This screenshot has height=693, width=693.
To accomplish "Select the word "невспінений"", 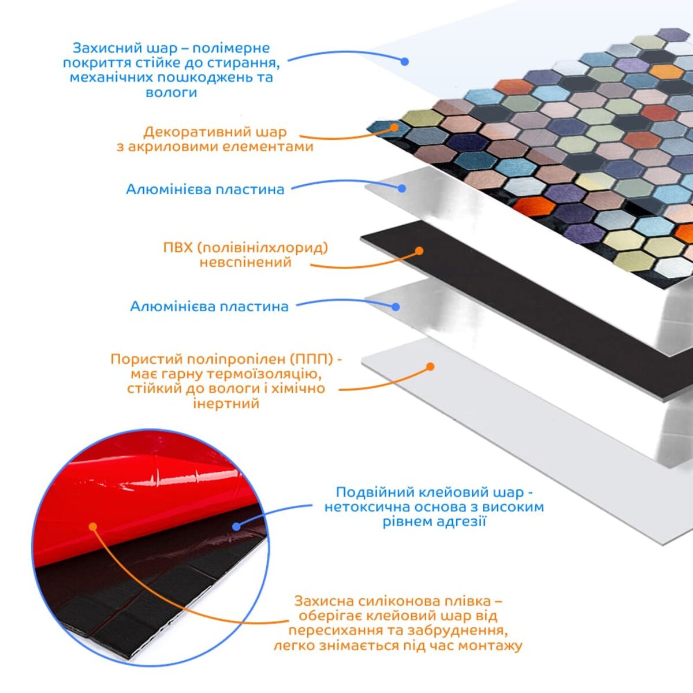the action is coord(245,262).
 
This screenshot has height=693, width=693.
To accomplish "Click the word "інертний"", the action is coord(226,404).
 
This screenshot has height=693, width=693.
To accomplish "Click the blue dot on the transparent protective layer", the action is coord(405,61).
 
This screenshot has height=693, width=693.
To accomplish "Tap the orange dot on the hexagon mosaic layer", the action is coord(394,127).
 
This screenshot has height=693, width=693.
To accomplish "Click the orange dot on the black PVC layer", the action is coord(419,251).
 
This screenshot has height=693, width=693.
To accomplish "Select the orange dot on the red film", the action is coord(93,527).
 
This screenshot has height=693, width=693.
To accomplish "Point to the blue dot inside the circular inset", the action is coord(236,527).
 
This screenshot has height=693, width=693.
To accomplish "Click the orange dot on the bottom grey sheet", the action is coord(430,367).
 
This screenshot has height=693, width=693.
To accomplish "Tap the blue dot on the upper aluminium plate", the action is coord(402,188).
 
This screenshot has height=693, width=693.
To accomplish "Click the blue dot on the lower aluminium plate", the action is coord(396,307).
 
